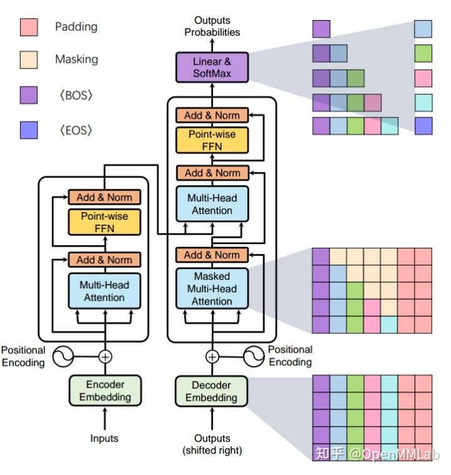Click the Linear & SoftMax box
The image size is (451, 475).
click(x=212, y=67)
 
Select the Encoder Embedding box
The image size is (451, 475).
click(x=105, y=390)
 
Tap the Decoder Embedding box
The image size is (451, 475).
click(x=212, y=391)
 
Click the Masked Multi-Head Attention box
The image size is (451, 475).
click(x=212, y=289)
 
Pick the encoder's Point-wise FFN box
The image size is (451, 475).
click(x=105, y=222)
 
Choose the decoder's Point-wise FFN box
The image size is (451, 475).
click(x=212, y=140)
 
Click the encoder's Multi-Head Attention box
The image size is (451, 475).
click(x=105, y=291)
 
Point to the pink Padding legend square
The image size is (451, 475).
click(x=29, y=27)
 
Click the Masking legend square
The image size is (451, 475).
click(x=29, y=60)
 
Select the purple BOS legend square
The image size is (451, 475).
click(x=29, y=95)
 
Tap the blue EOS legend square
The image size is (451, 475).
click(x=29, y=130)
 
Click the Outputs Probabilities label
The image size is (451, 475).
click(x=212, y=26)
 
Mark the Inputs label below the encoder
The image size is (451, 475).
click(x=105, y=439)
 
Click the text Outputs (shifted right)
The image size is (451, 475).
click(x=212, y=444)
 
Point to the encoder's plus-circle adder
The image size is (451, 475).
click(x=105, y=357)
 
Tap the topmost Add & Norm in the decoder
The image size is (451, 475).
click(x=212, y=115)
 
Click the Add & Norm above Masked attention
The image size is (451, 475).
click(x=212, y=255)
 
